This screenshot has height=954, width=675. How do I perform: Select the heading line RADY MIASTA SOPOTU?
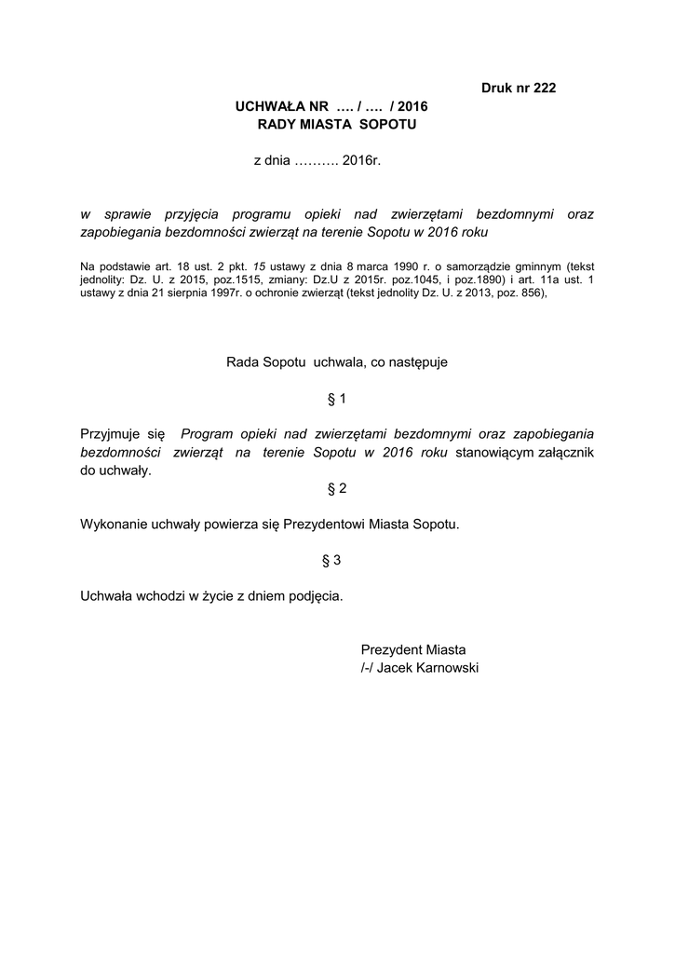[x=338, y=124]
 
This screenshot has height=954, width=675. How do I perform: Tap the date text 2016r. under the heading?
[x=362, y=161]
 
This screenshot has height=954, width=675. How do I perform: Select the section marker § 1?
[x=337, y=399]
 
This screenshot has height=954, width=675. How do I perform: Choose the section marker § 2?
[x=337, y=488]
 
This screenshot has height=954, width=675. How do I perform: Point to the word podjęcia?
[x=316, y=595]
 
